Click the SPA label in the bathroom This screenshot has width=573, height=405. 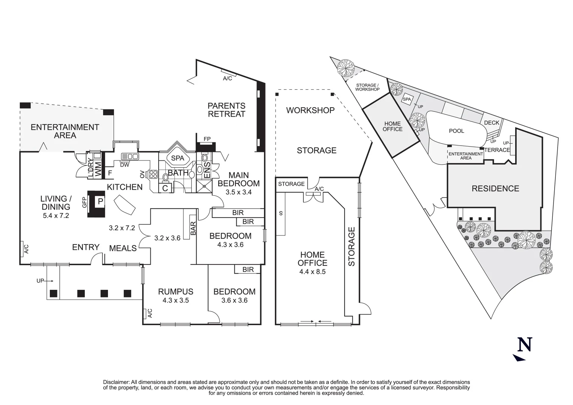[x=177, y=158]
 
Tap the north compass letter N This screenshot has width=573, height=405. [x=525, y=345]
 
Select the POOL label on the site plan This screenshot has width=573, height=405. [x=456, y=131]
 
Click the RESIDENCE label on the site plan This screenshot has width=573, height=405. [x=495, y=189]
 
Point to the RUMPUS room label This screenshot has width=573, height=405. [x=175, y=291]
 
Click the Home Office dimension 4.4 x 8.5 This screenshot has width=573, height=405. [x=312, y=271]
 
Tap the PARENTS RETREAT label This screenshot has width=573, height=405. [x=226, y=110]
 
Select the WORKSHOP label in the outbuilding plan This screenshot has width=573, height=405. [x=310, y=110]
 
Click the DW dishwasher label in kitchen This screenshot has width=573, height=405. [x=124, y=164]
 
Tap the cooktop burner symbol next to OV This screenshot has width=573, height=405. [x=153, y=174]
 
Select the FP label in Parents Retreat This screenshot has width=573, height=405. [x=207, y=139]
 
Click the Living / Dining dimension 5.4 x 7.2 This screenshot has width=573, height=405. [x=56, y=216]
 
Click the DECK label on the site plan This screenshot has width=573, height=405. [x=491, y=123]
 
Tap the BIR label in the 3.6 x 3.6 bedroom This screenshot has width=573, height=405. [x=248, y=270]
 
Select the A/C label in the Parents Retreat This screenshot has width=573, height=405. [x=227, y=78]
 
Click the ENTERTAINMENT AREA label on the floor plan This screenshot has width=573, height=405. [x=65, y=131]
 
